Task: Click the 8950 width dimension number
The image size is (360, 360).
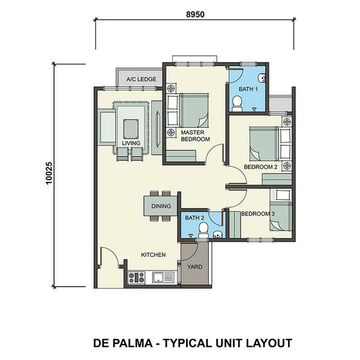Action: pyautogui.click(x=195, y=14)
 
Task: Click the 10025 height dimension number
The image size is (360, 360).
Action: pyautogui.click(x=49, y=173)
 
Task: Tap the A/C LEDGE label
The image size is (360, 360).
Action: pyautogui.click(x=141, y=79)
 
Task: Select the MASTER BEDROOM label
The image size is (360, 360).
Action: pyautogui.click(x=195, y=136)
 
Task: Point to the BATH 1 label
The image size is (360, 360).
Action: pyautogui.click(x=248, y=89)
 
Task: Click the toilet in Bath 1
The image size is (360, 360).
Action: pyautogui.click(x=237, y=104)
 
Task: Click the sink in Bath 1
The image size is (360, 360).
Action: pyautogui.click(x=262, y=77)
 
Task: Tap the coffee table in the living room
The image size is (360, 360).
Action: pyautogui.click(x=131, y=129)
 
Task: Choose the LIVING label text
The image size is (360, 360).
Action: pyautogui.click(x=131, y=143)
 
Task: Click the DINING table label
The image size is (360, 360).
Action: pyautogui.click(x=161, y=206)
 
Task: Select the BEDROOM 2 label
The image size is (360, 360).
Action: pyautogui.click(x=260, y=167)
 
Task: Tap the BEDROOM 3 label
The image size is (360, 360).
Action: pyautogui.click(x=258, y=214)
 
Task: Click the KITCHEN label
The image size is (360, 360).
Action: pyautogui.click(x=154, y=254)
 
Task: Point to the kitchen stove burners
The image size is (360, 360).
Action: pyautogui.click(x=136, y=277)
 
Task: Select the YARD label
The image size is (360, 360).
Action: pyautogui.click(x=194, y=267)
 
